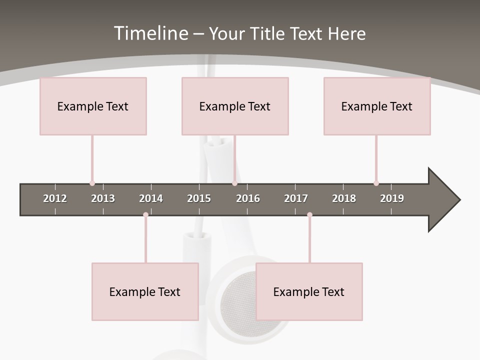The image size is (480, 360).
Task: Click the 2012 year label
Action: point(55,198)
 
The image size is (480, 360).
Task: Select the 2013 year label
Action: point(103,198)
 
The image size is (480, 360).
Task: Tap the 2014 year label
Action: point(151,198)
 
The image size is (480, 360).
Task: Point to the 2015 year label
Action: point(199,198)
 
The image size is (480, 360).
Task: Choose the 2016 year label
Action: point(248,198)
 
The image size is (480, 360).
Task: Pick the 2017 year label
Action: point(296,198)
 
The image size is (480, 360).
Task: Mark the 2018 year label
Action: point(344,198)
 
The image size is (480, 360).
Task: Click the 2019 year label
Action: point(392,198)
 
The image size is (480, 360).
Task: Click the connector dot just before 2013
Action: point(92,183)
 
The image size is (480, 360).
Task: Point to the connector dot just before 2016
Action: point(234,183)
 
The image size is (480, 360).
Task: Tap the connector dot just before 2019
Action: point(376,183)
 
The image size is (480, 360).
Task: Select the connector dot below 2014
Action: point(145,215)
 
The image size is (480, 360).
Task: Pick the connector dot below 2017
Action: point(309,215)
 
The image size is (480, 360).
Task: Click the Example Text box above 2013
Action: point(93,106)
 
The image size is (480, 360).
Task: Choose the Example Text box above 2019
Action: point(377,106)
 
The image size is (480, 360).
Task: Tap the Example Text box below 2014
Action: point(145,291)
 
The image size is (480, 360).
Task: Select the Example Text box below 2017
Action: point(309,291)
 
